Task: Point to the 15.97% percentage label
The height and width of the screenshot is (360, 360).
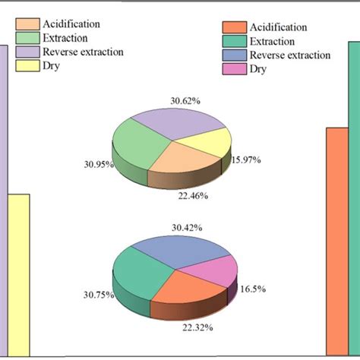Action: (x=246, y=159)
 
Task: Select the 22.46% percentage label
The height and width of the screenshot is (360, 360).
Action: (x=193, y=195)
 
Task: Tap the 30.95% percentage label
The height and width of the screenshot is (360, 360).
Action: (x=99, y=163)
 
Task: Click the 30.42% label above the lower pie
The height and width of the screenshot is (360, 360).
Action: (x=186, y=227)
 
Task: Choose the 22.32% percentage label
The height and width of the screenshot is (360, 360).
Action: (x=197, y=327)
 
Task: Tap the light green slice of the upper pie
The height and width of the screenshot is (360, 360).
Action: (x=137, y=144)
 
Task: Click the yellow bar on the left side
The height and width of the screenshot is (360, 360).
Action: (x=19, y=273)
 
